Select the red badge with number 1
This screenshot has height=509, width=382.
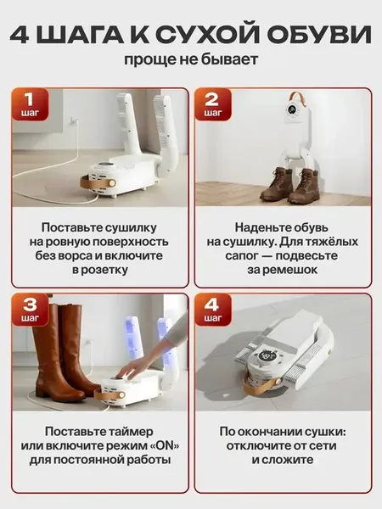30,103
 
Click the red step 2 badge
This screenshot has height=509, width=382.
213,103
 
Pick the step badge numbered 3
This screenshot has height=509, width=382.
30,309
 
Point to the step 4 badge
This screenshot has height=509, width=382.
213,309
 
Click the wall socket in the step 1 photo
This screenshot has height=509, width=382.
73,122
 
